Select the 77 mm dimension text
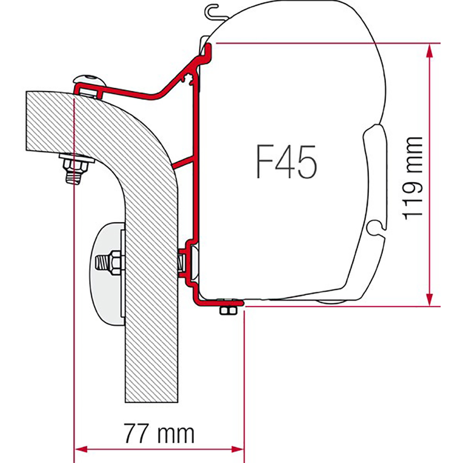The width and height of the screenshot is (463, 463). [159, 433]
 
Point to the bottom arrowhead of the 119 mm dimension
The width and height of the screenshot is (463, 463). [430, 300]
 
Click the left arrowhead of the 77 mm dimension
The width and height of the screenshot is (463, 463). [81, 450]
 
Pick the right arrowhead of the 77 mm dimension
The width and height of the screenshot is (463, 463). [238, 450]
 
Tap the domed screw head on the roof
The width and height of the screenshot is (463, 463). [89, 80]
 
